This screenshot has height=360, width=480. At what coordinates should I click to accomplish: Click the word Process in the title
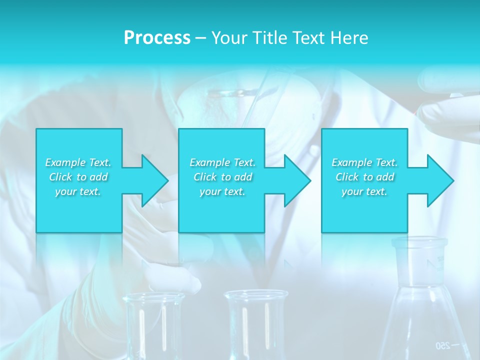point(157,38)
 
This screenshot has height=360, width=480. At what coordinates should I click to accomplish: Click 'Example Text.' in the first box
point(78,162)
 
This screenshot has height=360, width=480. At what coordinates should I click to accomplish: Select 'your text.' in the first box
point(78,191)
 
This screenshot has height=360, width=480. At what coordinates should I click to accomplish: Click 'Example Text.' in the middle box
point(222,162)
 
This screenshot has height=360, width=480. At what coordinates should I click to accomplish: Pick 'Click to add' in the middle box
point(222,177)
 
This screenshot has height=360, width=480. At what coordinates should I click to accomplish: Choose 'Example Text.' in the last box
point(364,162)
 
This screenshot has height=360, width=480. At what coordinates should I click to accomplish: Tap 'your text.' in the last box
point(364,191)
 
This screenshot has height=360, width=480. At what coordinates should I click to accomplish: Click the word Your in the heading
point(229,38)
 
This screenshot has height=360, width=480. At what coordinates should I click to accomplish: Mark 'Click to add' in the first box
point(78,177)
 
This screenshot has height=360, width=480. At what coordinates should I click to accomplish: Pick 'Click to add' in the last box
point(364,177)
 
